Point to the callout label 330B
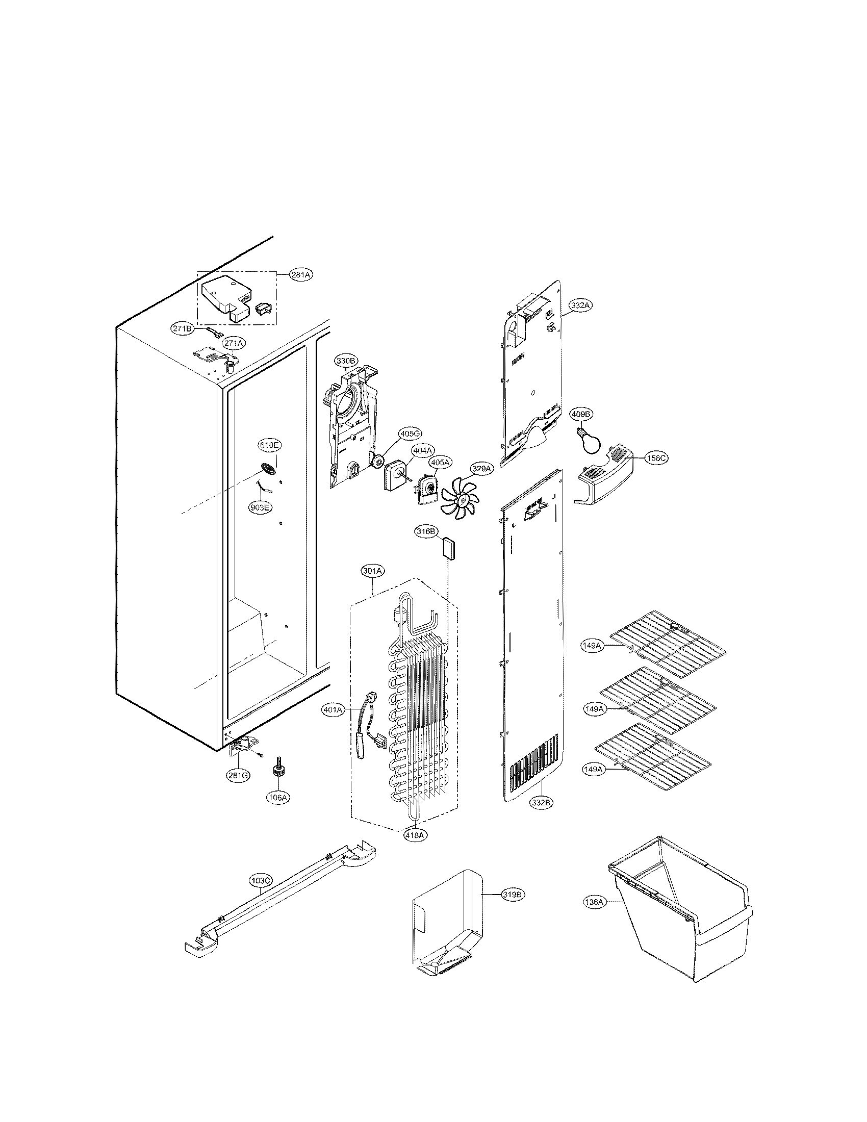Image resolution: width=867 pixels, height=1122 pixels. click(347, 361)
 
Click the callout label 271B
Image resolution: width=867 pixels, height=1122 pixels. click(182, 328)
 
